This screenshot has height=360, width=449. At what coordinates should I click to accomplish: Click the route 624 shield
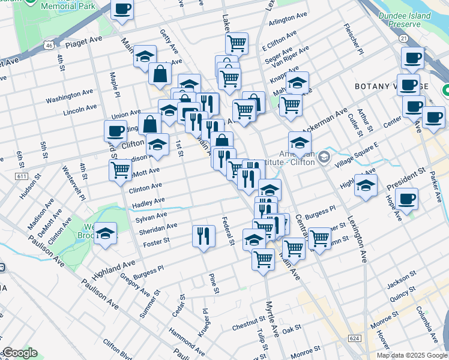point(354,339)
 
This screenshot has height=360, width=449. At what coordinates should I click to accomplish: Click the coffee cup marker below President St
point(406,198)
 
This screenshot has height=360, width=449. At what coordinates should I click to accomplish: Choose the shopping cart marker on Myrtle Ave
point(263,259)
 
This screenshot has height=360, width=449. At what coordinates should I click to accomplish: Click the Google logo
point(20,353)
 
